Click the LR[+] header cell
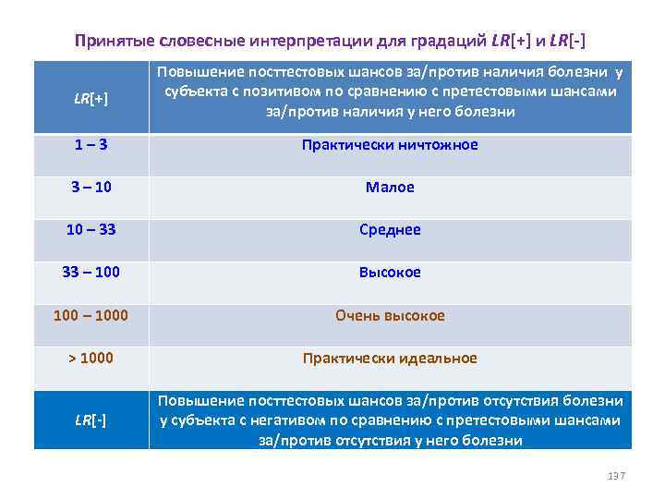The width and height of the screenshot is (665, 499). [91, 98]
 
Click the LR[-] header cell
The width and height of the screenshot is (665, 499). [91, 421]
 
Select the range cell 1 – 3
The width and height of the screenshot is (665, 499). [91, 145]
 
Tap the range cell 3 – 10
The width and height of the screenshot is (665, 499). [91, 188]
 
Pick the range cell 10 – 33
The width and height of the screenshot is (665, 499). [91, 230]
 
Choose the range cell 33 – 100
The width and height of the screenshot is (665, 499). [91, 273]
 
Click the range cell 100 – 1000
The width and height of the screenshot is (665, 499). [91, 316]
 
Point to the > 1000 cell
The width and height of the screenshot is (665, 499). [91, 359]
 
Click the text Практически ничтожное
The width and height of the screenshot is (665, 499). [390, 145]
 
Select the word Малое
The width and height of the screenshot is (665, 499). [390, 188]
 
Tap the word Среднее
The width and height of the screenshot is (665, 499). [390, 230]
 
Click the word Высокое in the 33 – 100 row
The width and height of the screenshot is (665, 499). [390, 273]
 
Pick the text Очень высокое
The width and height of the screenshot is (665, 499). [390, 316]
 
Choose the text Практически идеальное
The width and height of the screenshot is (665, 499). [390, 359]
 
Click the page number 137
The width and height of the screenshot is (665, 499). [616, 475]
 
